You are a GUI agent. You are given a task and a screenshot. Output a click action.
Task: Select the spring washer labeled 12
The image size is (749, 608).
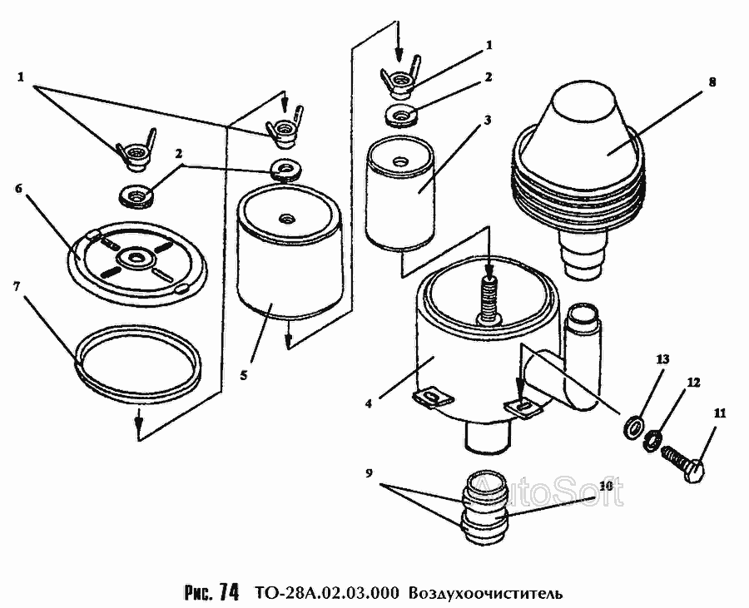click(x=654, y=437)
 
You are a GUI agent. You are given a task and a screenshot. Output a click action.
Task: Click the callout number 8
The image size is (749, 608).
click(x=712, y=82)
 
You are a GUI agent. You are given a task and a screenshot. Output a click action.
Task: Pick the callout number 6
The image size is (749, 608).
click(x=17, y=188)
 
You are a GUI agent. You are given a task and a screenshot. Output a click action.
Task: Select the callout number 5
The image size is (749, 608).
click(x=243, y=375)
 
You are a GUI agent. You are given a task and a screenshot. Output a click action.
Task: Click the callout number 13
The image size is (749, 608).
click(x=662, y=359)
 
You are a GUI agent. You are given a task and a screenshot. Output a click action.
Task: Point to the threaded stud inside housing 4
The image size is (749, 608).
click(x=489, y=296)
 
